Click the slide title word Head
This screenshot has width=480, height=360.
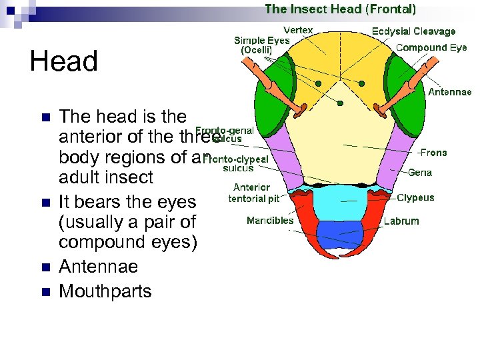64,62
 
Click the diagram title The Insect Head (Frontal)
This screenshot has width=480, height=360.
340,9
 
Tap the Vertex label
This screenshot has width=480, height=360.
298,30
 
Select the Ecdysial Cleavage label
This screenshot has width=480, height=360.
413,31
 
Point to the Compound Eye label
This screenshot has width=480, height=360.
431,47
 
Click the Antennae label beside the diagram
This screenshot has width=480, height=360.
449,92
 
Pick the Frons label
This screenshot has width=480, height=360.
434,153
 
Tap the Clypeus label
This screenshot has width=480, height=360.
415,197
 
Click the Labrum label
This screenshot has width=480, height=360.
401,221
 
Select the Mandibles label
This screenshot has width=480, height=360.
270,221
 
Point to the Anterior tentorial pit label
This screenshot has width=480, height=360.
254,193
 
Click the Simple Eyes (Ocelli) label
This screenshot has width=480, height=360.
261,45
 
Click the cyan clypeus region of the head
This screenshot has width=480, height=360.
340,201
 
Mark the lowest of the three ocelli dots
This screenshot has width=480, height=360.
341,103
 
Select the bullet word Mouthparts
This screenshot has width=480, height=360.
105,291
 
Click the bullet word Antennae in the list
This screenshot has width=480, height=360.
99,267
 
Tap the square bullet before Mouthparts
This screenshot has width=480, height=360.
45,292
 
